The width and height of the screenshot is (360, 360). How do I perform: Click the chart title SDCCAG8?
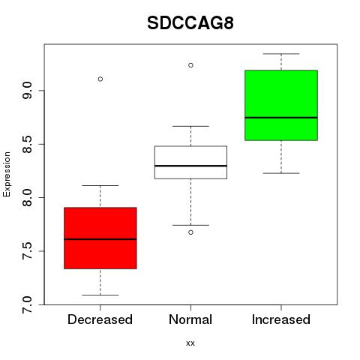point(190,23)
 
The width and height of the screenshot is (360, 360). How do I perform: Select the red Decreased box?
point(100,238)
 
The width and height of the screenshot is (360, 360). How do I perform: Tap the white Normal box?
point(190,162)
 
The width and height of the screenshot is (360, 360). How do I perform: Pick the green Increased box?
point(281,105)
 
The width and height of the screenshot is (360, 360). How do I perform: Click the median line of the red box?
point(100,239)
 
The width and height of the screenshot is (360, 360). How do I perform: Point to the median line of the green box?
point(281,118)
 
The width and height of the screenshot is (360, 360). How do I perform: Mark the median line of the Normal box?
point(190,166)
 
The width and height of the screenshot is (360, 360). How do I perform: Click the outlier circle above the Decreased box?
point(100,79)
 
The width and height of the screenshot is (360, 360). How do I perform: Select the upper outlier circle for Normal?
point(190,65)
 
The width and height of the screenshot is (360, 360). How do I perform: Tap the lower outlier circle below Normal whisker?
point(190,232)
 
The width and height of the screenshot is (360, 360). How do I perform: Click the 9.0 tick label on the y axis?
point(27,91)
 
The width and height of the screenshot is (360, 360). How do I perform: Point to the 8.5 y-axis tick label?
point(27,144)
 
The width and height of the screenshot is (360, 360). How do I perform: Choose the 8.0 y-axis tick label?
point(27,198)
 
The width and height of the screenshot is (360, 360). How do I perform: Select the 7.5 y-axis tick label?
point(27,251)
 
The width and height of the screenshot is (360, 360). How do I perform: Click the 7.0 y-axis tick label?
point(27,304)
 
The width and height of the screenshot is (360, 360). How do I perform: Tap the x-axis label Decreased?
point(100,319)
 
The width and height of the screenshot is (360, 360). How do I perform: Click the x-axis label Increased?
point(281,319)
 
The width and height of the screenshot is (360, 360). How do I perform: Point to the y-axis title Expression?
point(7,174)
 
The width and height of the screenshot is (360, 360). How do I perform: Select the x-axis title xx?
point(190,343)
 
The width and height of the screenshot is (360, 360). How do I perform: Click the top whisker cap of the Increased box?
point(281,54)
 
